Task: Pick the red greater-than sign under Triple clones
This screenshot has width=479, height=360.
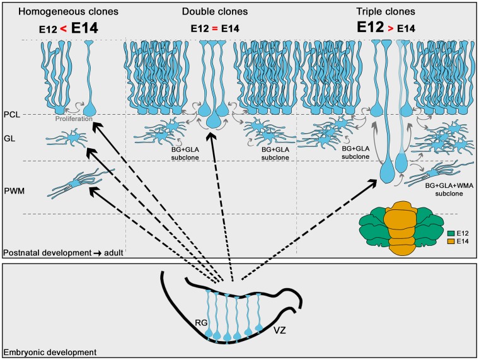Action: (x=394, y=29)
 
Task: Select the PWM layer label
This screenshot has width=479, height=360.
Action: (x=13, y=187)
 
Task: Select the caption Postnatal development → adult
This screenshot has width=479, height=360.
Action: (x=62, y=252)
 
